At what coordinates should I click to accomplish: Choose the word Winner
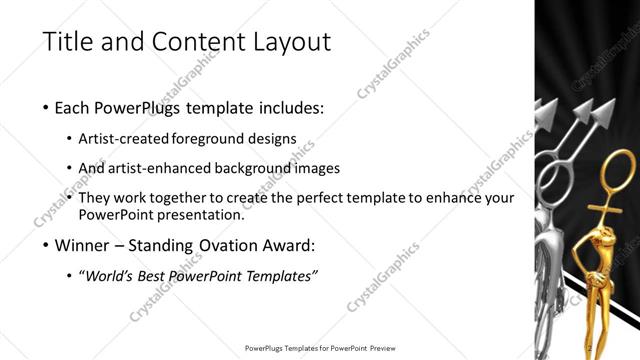(84, 245)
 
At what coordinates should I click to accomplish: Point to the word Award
(292, 245)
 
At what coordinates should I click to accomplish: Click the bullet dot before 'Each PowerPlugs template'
(47, 106)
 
